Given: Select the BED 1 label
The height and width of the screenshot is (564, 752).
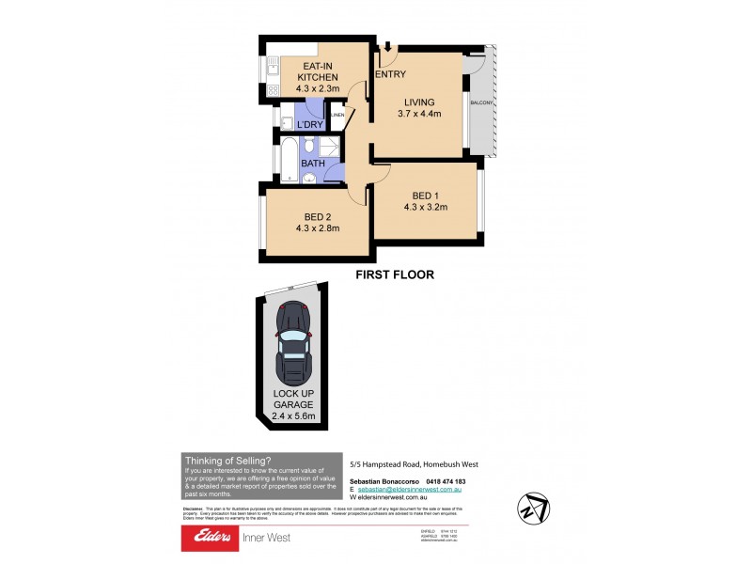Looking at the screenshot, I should click(x=425, y=195).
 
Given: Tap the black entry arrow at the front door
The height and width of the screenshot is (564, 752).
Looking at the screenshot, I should click(x=386, y=46).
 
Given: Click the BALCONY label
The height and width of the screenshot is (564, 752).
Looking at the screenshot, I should click(x=483, y=103).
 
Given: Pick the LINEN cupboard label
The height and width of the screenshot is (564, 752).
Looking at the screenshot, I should click(x=338, y=115).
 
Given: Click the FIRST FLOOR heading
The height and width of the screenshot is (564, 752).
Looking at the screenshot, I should click(x=394, y=275).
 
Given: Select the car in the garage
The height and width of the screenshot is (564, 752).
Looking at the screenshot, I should click(x=294, y=344).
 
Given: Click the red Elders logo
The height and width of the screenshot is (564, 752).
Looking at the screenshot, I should click(x=213, y=538).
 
